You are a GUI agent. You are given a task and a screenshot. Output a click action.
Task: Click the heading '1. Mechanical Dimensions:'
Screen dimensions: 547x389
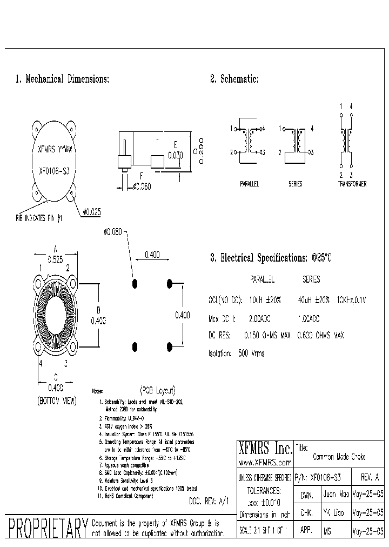(x=62, y=79)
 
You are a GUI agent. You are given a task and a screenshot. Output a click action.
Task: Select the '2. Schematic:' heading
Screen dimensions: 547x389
(x=234, y=79)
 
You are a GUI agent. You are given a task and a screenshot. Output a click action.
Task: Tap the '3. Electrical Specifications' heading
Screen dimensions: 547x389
(x=270, y=258)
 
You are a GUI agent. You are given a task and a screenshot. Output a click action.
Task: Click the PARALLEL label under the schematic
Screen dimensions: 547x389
(x=250, y=184)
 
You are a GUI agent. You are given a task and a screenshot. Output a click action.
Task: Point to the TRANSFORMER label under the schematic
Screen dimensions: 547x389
(x=351, y=184)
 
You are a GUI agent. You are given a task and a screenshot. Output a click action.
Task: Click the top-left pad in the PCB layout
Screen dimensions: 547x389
(x=135, y=283)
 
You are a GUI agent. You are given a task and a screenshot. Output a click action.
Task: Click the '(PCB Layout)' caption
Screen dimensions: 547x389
(x=158, y=389)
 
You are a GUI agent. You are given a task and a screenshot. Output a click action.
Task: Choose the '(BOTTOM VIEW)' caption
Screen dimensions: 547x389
(x=57, y=401)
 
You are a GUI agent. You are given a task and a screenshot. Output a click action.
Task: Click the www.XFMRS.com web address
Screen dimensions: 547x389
(x=265, y=462)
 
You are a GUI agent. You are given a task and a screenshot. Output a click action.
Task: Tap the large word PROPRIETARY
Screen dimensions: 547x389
(x=47, y=528)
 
